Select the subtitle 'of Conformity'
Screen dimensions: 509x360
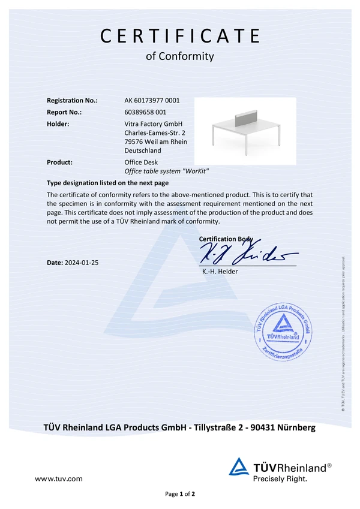[x=180, y=56]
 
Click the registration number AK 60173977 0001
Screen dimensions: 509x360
[x=152, y=101]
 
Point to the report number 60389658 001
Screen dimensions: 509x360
[x=145, y=112]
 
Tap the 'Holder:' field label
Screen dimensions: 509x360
[x=58, y=124]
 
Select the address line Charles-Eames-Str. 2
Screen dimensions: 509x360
[x=154, y=132]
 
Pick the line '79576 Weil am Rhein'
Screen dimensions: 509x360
[x=155, y=142]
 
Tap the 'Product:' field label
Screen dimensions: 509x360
[x=59, y=162]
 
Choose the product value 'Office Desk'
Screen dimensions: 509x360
[x=141, y=162]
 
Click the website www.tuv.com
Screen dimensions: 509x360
[x=59, y=479]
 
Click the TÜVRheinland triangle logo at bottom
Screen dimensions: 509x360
[x=239, y=466]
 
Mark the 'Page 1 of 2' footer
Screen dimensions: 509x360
[x=180, y=494]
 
